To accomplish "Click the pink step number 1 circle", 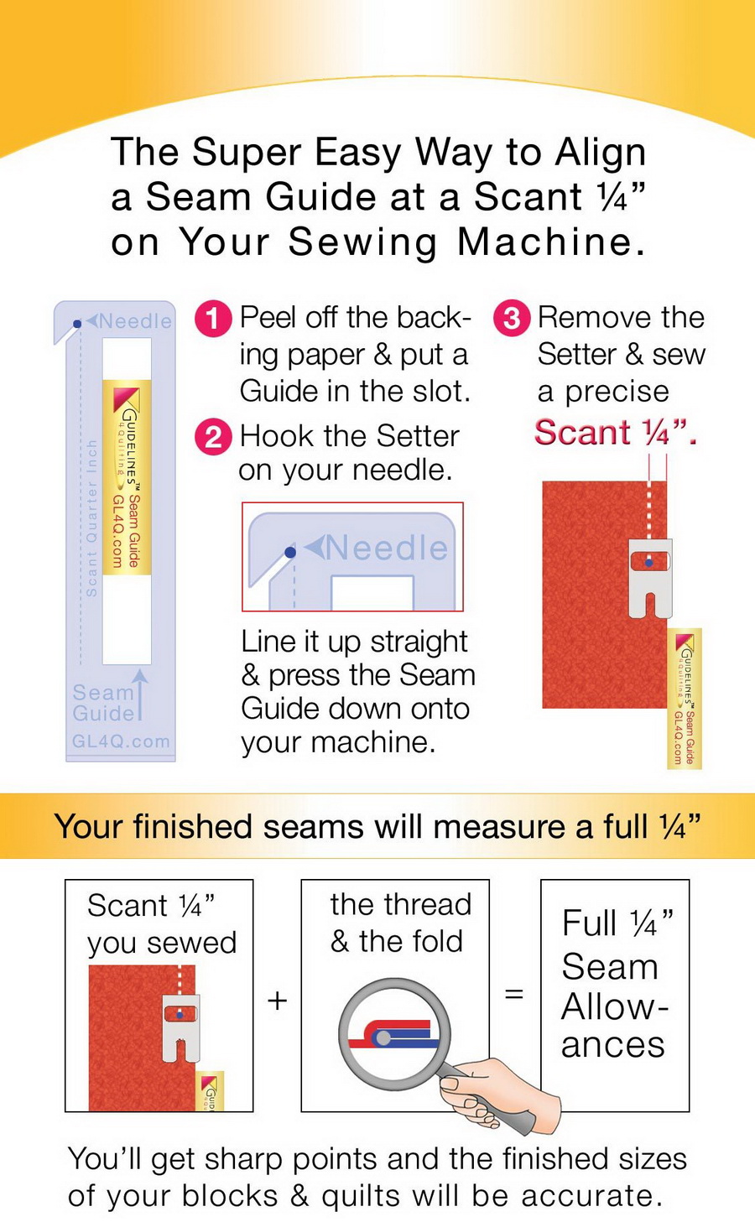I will [x=213, y=320].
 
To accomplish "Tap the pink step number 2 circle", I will [x=213, y=438].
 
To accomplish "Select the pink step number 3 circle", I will [x=512, y=320].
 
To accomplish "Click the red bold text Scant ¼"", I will [x=615, y=433].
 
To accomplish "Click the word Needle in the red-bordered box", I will [x=387, y=548].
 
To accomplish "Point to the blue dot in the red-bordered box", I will [x=290, y=553].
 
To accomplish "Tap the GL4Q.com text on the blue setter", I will [x=121, y=741].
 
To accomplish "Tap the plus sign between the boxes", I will [x=277, y=1000].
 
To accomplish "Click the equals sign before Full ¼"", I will [x=514, y=995].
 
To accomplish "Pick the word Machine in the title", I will [x=550, y=242].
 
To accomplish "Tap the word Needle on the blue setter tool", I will [x=135, y=321].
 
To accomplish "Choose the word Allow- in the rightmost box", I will [x=614, y=1006].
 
